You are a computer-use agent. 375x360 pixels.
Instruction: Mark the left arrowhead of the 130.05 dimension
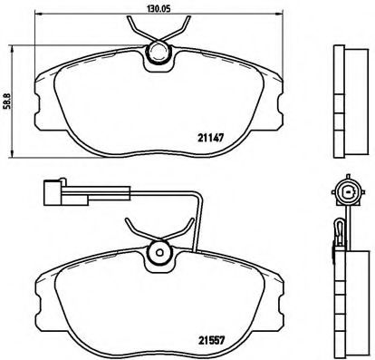tap(36, 18)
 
